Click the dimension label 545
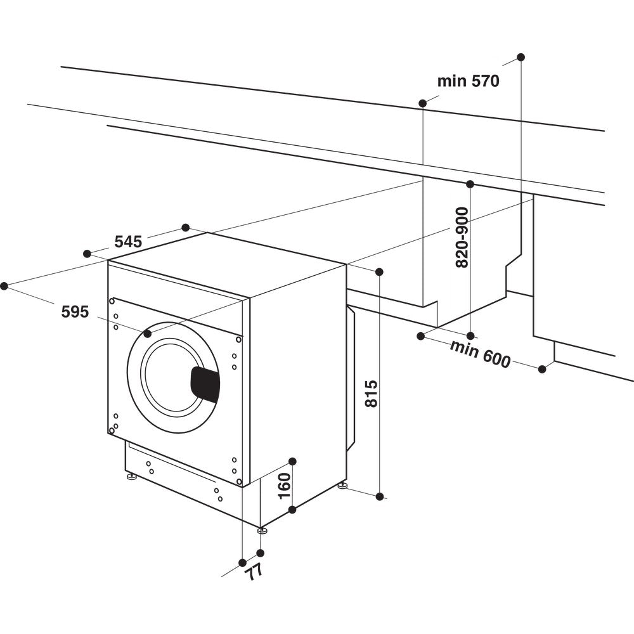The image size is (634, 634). (x=128, y=242)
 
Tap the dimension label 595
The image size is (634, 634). (x=75, y=311)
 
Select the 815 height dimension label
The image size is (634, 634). (x=372, y=394)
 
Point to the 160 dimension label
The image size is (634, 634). (x=285, y=486)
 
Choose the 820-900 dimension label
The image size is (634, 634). (x=462, y=237)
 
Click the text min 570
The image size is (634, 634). (x=469, y=81)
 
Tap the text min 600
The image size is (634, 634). (x=480, y=354)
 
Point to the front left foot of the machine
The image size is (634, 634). (x=131, y=476)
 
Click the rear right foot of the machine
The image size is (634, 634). (x=342, y=486)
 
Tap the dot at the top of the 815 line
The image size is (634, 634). (x=379, y=272)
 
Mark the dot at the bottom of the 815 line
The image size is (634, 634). (x=380, y=496)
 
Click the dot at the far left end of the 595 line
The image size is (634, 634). (x=4, y=286)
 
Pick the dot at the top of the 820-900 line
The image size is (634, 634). (x=470, y=184)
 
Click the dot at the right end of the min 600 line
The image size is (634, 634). (x=542, y=368)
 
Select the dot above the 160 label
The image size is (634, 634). (x=292, y=461)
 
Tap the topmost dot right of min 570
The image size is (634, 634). (x=521, y=57)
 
